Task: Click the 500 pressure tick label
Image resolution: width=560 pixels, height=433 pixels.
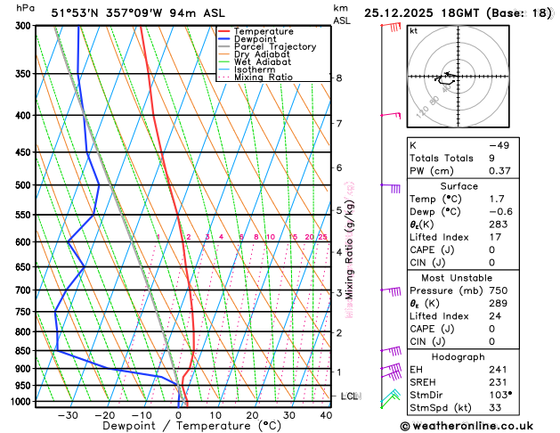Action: point(23,185)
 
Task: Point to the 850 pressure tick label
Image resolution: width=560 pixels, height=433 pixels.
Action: point(23,351)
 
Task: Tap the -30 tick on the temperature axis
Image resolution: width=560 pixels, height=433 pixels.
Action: point(68,415)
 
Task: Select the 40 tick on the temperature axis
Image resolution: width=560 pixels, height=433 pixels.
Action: point(326,415)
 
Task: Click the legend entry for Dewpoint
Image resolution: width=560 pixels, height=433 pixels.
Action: point(256,39)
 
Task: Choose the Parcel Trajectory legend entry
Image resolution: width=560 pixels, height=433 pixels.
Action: point(274,46)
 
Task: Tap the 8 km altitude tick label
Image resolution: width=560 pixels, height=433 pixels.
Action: point(338,78)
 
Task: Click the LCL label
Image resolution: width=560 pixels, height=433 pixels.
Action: point(349,396)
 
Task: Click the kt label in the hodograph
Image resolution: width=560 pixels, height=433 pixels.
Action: point(414,30)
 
